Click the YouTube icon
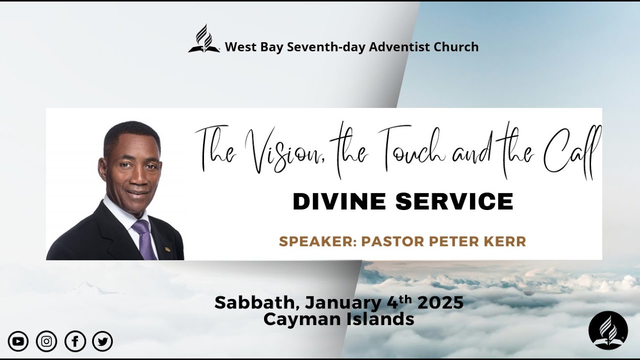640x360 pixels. pyautogui.click(x=18, y=341)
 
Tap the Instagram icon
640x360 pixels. pyautogui.click(x=46, y=341)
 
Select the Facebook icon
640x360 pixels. pyautogui.click(x=75, y=341)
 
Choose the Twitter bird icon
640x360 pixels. pyautogui.click(x=103, y=341)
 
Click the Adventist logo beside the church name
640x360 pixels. pyautogui.click(x=204, y=39)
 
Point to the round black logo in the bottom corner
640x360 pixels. pyautogui.click(x=607, y=330)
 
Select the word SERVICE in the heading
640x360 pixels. pyautogui.click(x=454, y=201)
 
